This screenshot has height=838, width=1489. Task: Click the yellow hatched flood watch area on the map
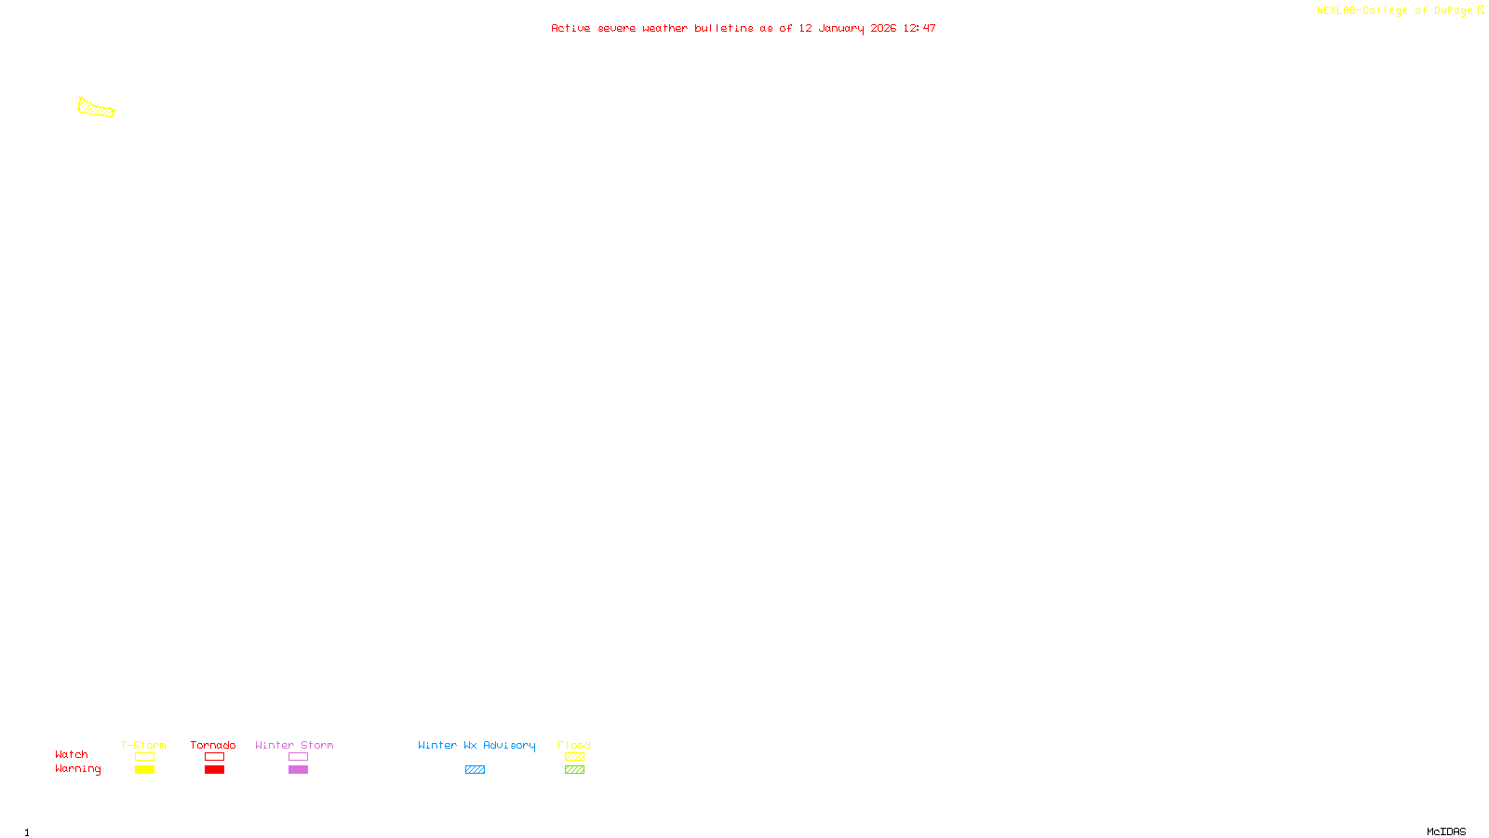click(95, 109)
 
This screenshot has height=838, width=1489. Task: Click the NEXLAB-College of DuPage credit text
click(1394, 11)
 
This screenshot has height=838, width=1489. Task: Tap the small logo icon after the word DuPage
click(1481, 10)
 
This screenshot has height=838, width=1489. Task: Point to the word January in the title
click(840, 29)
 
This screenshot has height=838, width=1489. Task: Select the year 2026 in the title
click(883, 29)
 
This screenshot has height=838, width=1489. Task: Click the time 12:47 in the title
click(919, 29)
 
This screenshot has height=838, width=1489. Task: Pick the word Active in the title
click(570, 29)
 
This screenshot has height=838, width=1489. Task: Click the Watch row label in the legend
click(72, 755)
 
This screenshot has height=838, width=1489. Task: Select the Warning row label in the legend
click(78, 769)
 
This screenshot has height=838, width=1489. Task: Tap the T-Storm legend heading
click(143, 745)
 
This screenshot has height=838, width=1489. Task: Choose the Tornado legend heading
click(213, 745)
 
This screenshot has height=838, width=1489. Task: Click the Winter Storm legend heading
click(294, 745)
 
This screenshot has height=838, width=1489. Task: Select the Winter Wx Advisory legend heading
click(476, 745)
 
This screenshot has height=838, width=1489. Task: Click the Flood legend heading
click(574, 745)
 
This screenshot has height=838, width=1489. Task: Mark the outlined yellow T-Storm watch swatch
click(144, 757)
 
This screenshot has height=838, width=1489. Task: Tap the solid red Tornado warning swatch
click(214, 770)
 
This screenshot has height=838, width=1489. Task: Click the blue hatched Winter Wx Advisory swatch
click(475, 770)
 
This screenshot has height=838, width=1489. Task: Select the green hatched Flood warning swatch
click(574, 770)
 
